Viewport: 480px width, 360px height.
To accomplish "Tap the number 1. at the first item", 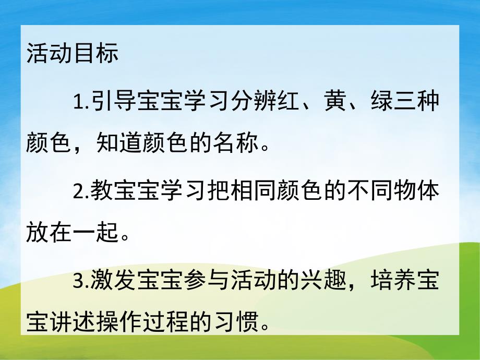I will (81, 101).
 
